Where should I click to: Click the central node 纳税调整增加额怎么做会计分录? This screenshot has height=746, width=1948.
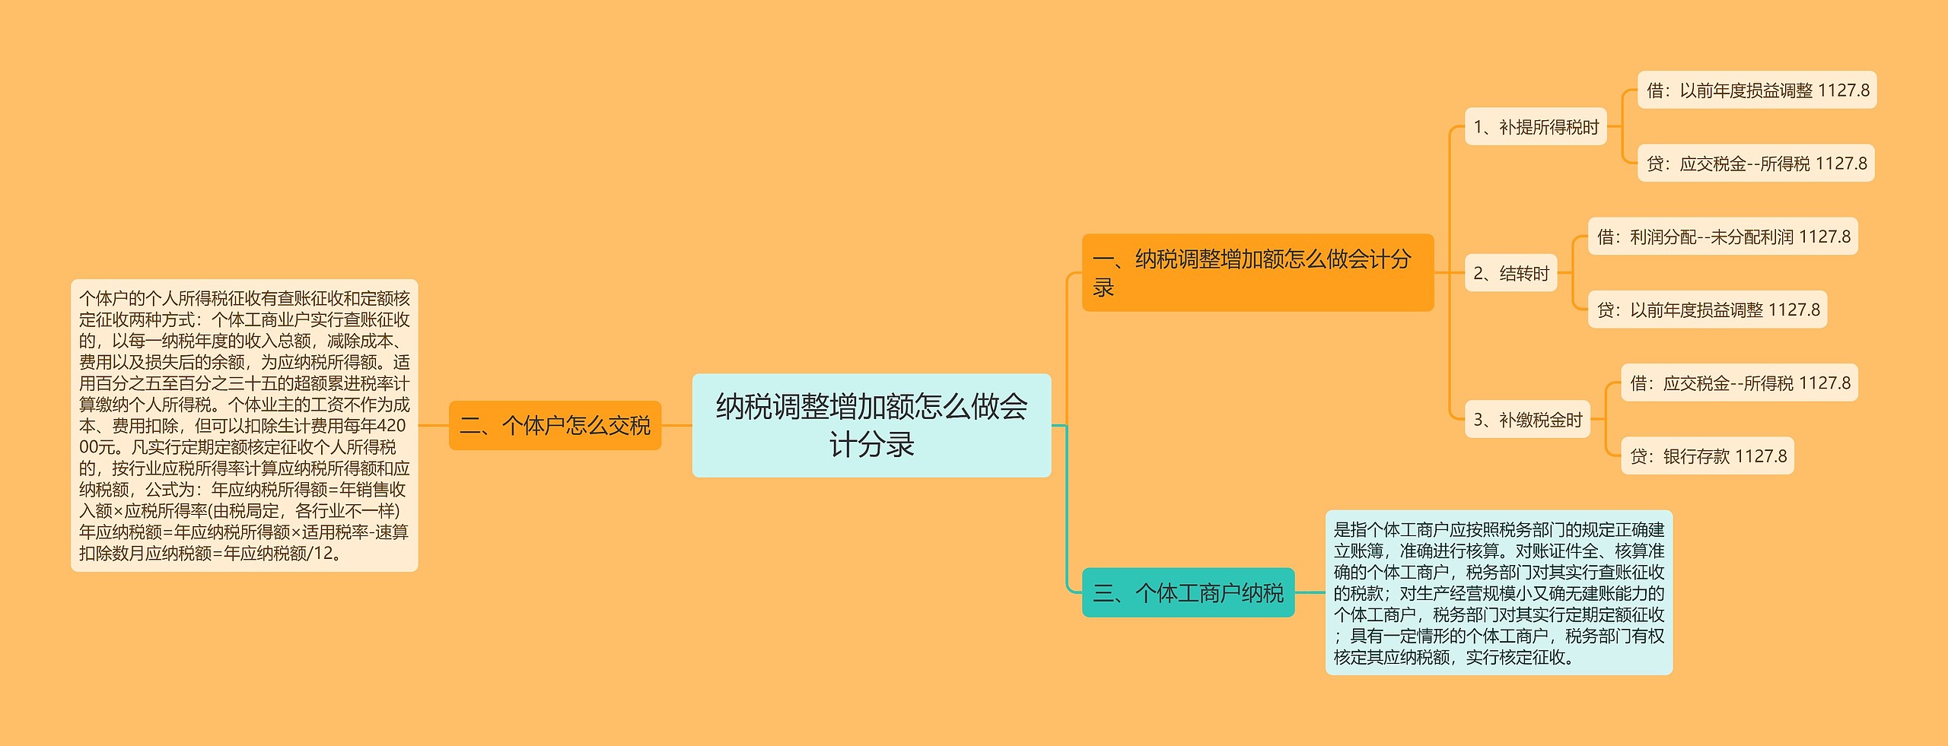(x=871, y=425)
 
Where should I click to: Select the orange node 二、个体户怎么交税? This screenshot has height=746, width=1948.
(x=555, y=425)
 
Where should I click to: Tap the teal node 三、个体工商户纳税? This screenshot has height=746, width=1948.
(x=1188, y=592)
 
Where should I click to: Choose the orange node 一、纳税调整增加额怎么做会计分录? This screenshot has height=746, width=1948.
(x=1257, y=272)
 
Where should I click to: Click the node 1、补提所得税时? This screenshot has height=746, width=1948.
(x=1536, y=127)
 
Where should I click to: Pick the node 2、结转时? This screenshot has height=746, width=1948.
(x=1510, y=273)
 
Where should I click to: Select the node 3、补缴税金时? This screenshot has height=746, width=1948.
(x=1527, y=419)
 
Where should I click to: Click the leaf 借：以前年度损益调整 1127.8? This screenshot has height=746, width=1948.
(x=1756, y=90)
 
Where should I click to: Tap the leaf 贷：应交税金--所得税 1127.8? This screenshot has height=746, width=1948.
(x=1755, y=163)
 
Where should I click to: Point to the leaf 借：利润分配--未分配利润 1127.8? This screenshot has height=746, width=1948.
(x=1723, y=236)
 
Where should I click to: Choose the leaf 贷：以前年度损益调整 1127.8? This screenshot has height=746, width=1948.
(x=1707, y=310)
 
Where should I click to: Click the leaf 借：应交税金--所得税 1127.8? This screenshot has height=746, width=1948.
(x=1739, y=383)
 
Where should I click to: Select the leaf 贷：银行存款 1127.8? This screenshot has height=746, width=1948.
(x=1707, y=456)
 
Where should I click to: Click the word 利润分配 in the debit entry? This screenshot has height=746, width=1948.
(x=1663, y=237)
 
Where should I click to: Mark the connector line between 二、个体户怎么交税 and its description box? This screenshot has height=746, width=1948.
(x=433, y=425)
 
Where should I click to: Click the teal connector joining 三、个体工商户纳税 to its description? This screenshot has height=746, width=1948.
(x=1310, y=592)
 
